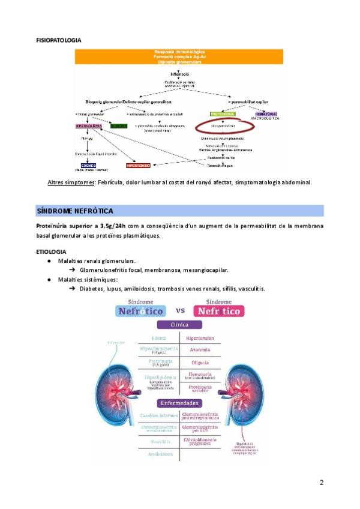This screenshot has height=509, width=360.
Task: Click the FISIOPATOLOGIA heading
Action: point(58,40)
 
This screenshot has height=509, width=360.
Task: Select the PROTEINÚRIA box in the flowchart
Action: point(223,113)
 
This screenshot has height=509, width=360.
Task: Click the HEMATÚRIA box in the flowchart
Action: point(266,113)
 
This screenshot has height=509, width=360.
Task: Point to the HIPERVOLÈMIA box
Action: point(88,126)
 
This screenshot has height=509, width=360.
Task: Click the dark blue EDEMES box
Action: point(88,166)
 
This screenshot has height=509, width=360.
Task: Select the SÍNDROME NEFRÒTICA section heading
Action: point(75,211)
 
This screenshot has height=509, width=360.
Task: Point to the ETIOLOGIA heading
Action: point(52,251)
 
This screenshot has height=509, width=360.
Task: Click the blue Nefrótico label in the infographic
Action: point(141,311)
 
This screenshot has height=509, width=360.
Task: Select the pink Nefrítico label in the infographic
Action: point(217,311)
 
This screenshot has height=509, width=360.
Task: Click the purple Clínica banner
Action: point(179,325)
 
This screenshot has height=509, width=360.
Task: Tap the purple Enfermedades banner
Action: point(179,403)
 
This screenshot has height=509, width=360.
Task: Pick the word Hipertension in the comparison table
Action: point(201,338)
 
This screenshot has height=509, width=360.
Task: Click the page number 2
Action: point(321,483)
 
